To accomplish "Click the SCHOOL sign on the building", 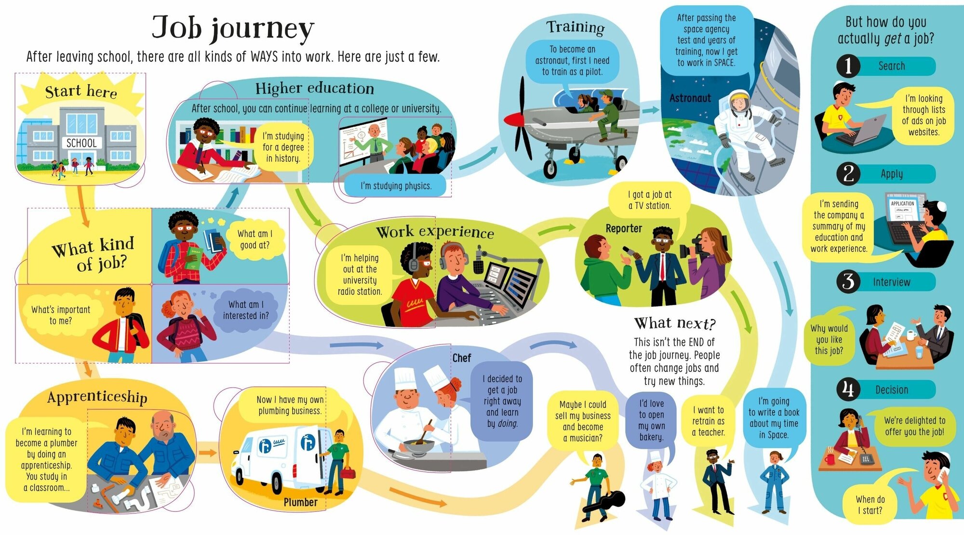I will point(81,143).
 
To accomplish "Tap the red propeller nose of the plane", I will point(512,119).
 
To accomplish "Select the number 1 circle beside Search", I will point(848,66).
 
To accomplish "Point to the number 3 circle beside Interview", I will point(848,282).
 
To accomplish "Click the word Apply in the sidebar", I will point(891,174).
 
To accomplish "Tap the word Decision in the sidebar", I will point(891,390).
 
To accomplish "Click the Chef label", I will point(461,358).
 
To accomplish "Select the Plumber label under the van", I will point(300,502).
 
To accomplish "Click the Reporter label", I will point(624,228).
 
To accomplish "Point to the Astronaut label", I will point(690,98).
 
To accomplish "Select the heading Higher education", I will point(314,89).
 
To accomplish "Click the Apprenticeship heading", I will point(97,397).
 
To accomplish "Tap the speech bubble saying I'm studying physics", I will point(396,186).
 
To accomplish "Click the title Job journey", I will point(233,28).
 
